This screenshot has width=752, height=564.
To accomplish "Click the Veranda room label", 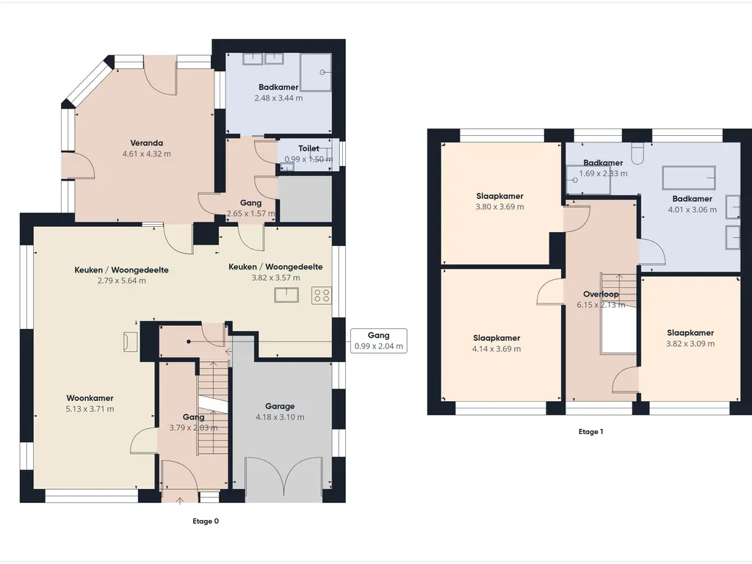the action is (147, 143).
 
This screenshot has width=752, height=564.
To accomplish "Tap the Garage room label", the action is (280, 406).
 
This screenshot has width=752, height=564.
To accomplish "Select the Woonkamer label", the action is (90, 398).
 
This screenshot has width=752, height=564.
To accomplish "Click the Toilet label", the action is (308, 148).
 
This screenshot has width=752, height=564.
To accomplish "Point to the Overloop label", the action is (601, 294).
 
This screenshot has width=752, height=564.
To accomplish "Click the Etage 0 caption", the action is (206, 521).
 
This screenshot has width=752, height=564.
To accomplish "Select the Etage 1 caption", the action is (591, 432).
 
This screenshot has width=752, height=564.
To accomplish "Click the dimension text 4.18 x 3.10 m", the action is (280, 417).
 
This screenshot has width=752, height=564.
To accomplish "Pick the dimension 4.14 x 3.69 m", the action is (496, 349).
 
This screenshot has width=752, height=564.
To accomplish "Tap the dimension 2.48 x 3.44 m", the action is (278, 98).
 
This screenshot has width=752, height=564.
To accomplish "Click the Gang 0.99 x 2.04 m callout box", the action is (379, 341).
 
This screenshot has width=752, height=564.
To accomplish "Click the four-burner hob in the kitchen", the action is (322, 295).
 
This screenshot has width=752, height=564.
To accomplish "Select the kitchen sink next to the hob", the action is (286, 295).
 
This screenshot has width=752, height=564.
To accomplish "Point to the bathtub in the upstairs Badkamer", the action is (689, 178).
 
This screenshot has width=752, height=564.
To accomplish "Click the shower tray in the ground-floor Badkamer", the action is (316, 73).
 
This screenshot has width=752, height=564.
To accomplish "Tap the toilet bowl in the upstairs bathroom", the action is (638, 153).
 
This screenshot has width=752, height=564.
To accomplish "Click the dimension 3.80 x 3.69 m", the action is (499, 207).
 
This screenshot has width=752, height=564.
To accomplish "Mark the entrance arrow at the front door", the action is (180, 501).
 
